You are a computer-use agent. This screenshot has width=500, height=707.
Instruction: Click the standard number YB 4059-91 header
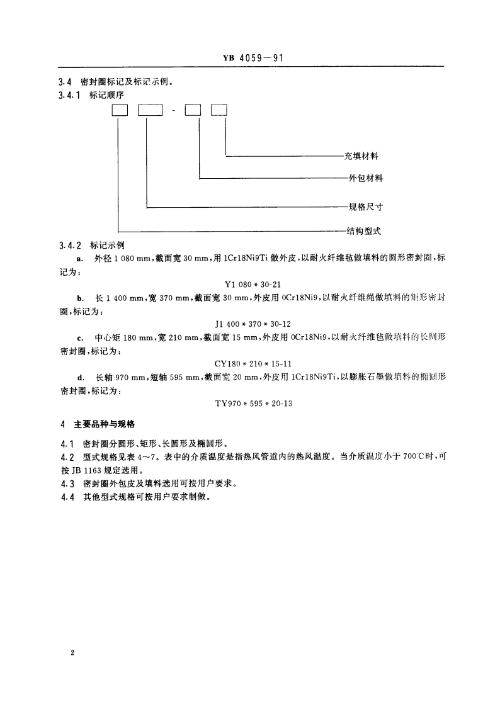(x=250, y=58)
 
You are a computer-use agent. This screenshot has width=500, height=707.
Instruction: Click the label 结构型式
(x=363, y=231)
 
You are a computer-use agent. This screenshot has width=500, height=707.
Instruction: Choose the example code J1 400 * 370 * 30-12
(x=251, y=324)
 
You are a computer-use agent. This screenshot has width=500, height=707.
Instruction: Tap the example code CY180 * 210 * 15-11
(x=251, y=364)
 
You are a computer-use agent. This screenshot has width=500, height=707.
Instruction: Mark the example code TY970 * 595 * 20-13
(x=251, y=404)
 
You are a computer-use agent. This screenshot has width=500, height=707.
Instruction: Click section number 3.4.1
(x=68, y=94)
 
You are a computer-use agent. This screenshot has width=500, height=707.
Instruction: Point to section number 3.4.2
(x=68, y=245)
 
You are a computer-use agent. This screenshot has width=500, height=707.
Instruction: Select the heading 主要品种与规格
(x=110, y=424)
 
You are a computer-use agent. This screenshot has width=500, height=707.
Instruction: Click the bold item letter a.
(x=78, y=259)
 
